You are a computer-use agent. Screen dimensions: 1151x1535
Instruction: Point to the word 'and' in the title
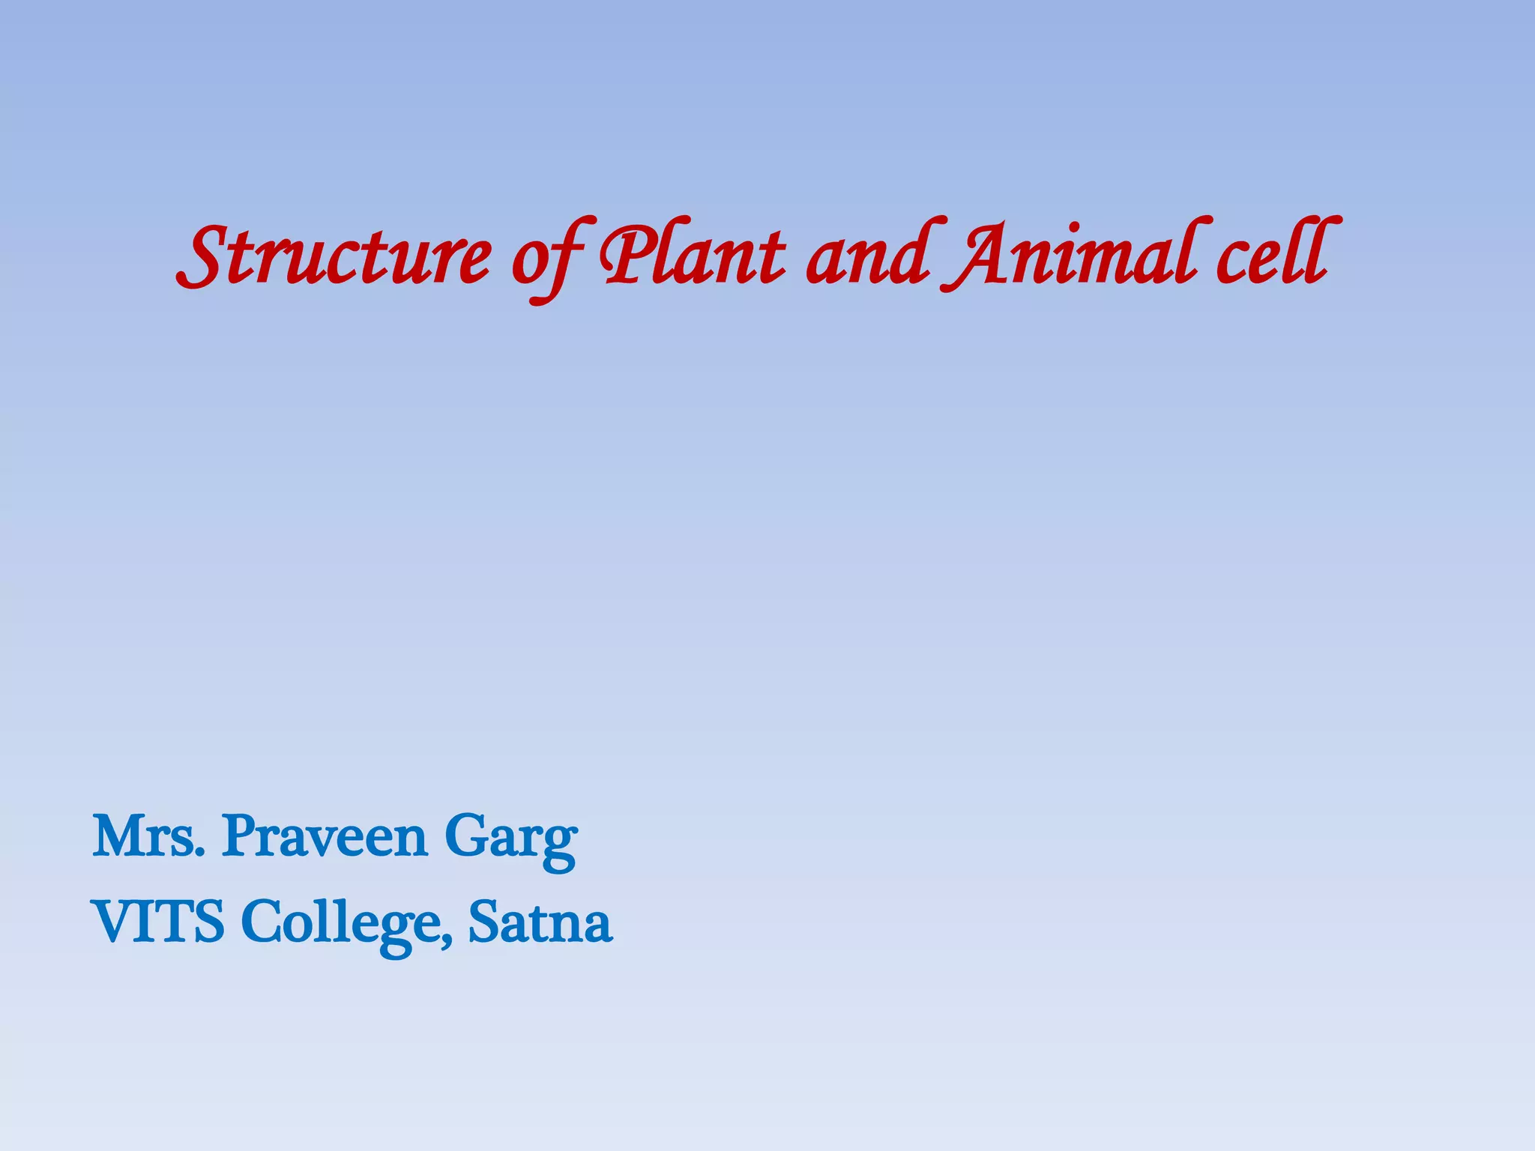(869, 255)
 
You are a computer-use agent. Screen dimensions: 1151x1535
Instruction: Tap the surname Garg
(510, 839)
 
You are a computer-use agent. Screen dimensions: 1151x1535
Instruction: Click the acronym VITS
(157, 922)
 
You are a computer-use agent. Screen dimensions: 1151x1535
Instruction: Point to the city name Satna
(540, 922)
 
